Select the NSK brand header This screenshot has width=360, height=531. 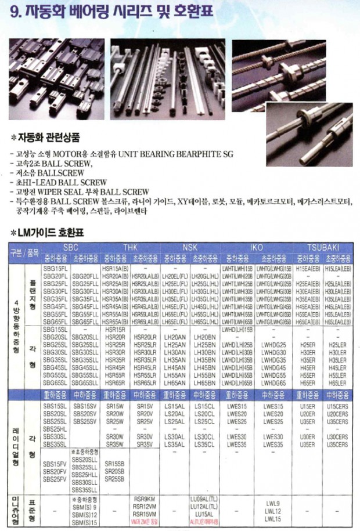[x=190, y=247]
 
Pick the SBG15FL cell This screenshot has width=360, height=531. [x=55, y=268]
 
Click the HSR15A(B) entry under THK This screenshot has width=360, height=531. [x=114, y=268]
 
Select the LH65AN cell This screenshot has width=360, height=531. [x=175, y=383]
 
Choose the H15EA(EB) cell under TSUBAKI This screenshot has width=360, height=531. [x=308, y=268]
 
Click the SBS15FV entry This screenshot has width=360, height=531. [x=55, y=464]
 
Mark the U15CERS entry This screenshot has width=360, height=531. [x=337, y=406]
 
